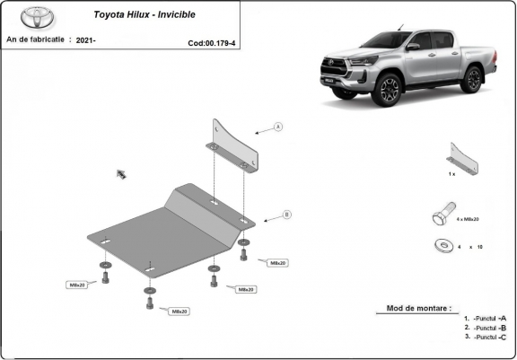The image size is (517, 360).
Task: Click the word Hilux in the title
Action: (147, 15)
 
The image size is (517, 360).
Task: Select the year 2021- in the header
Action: (86, 40)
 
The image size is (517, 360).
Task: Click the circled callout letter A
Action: (278, 127)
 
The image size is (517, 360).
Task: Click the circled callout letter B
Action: (286, 215)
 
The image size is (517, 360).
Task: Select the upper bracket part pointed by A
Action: (235, 145)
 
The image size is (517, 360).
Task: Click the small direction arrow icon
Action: (120, 172)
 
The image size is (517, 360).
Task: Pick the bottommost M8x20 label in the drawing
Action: (178, 311)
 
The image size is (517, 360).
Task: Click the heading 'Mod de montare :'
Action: (419, 307)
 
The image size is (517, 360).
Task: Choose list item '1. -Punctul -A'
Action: (486, 318)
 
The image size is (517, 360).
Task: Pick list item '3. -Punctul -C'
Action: (486, 337)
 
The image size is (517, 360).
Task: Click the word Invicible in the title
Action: (197, 15)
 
